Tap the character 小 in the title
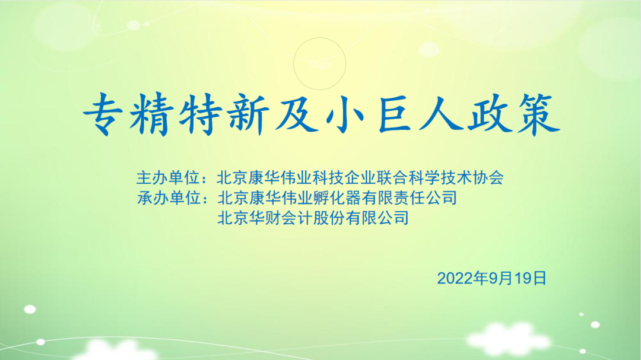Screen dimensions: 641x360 [345, 114]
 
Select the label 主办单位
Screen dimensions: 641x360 [168, 178]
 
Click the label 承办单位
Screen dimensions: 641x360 [169, 198]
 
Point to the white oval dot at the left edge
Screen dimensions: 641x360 [30, 310]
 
